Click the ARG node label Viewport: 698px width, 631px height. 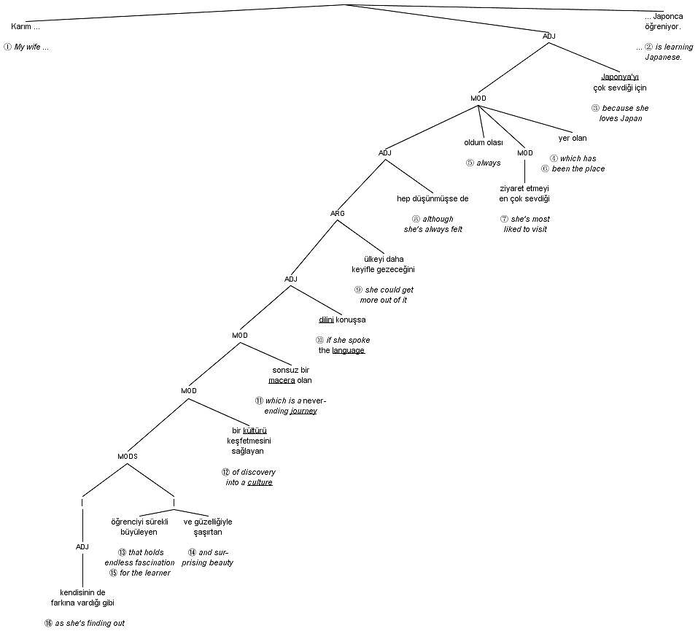click(338, 213)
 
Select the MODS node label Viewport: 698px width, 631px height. click(128, 456)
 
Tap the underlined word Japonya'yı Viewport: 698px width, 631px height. click(619, 77)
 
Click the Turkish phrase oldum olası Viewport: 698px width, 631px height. click(484, 142)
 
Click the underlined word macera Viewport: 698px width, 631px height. click(282, 380)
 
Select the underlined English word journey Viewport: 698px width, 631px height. click(303, 411)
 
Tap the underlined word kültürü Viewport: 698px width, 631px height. click(255, 430)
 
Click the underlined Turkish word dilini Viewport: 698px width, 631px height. click(326, 320)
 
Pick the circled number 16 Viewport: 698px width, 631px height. click(49, 623)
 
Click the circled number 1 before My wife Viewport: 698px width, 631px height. click(8, 47)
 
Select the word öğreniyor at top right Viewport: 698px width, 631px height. click(662, 26)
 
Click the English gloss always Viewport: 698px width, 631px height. click(489, 163)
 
